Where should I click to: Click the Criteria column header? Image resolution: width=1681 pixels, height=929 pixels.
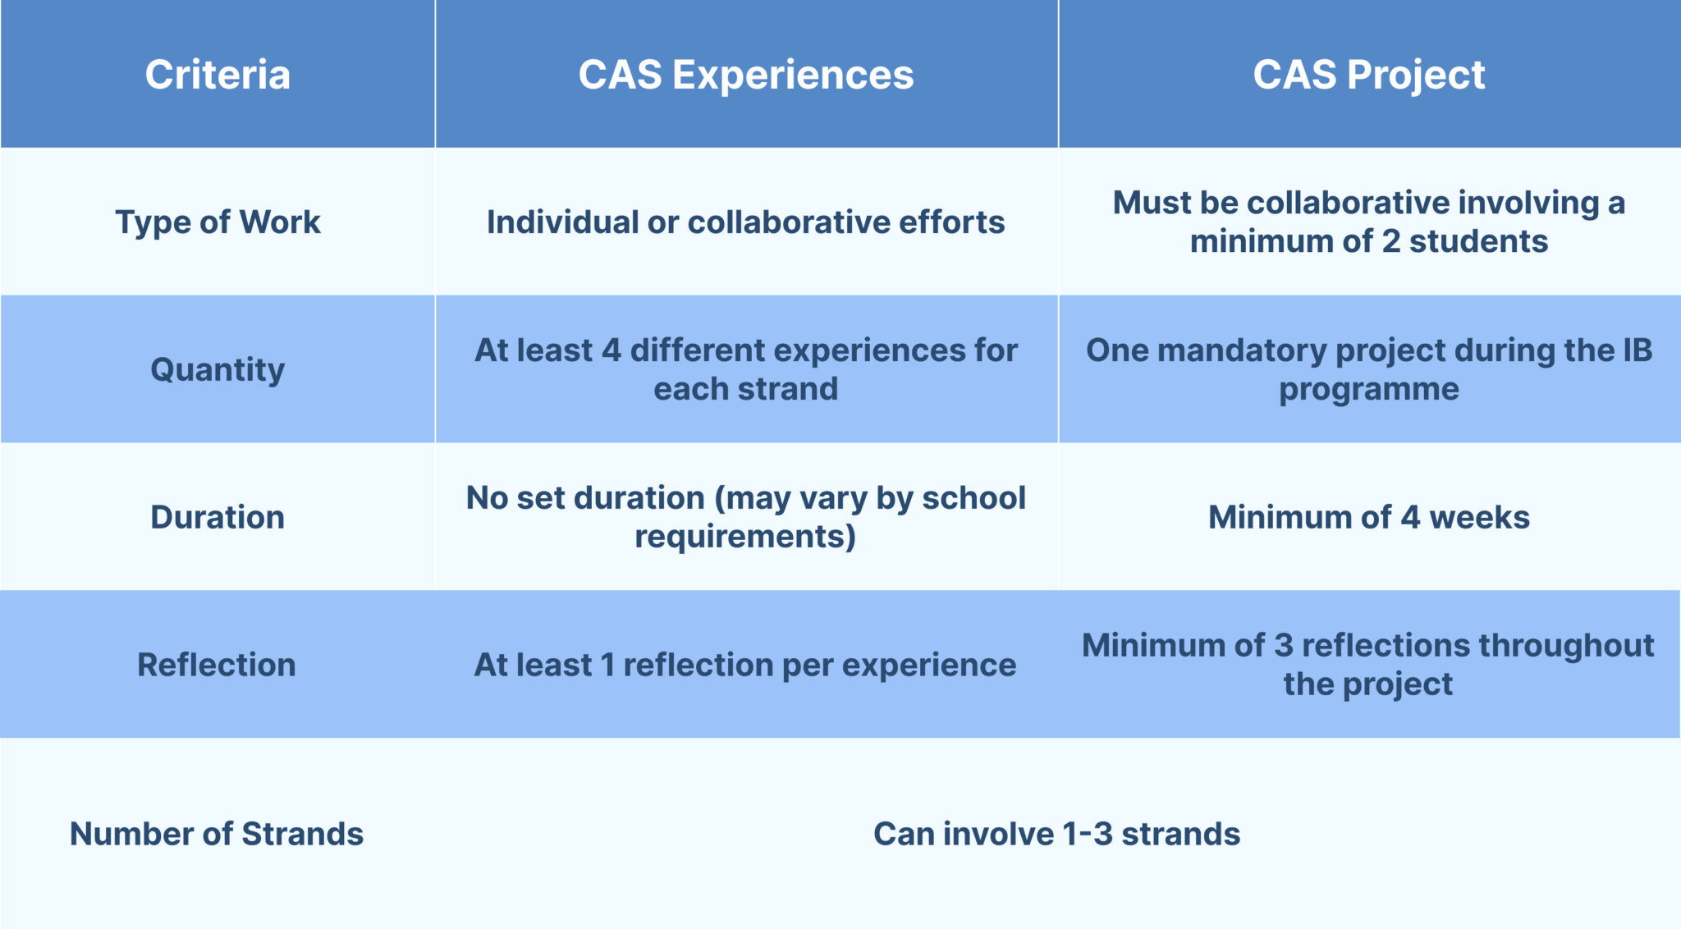click(218, 75)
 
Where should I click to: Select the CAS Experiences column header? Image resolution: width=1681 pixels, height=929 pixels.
click(745, 75)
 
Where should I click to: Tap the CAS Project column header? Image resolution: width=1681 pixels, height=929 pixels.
click(1368, 75)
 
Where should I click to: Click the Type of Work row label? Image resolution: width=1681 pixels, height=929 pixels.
click(218, 222)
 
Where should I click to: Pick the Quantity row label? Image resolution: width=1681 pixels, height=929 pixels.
click(218, 370)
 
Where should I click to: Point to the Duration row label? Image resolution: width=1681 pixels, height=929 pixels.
click(218, 518)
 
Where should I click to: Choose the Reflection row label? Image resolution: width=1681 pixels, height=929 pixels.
click(217, 665)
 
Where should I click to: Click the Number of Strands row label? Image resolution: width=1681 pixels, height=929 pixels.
click(217, 834)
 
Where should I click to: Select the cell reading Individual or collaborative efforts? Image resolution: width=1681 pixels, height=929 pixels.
click(745, 222)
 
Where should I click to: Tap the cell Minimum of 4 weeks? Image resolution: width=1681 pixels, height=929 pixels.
click(1368, 518)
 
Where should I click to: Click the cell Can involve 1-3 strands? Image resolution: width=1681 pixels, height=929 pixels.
click(1056, 834)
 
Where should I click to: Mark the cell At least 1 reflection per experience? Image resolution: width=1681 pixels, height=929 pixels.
click(745, 665)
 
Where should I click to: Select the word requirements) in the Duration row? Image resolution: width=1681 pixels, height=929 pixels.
click(745, 537)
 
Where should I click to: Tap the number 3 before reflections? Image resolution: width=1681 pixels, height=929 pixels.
click(1284, 646)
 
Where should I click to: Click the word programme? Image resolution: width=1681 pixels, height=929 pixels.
click(1368, 390)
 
